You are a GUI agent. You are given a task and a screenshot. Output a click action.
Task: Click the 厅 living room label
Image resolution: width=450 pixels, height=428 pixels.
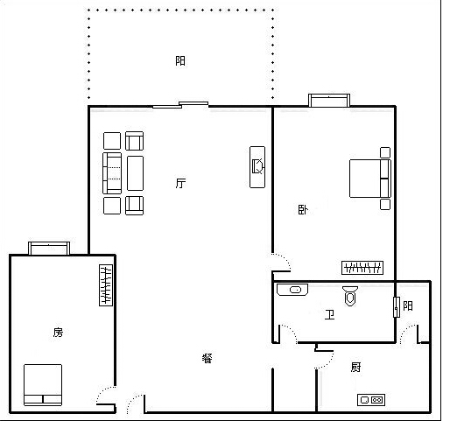tap(180, 183)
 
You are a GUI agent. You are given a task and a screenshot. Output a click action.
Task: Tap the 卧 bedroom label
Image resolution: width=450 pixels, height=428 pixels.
tap(303, 210)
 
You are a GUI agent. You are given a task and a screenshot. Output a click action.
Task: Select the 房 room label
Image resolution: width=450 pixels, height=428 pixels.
tap(58, 332)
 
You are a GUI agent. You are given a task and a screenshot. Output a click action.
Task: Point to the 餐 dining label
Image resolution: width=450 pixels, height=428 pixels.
tap(207, 358)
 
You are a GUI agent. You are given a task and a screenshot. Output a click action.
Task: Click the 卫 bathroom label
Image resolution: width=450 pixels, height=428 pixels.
tap(329, 314)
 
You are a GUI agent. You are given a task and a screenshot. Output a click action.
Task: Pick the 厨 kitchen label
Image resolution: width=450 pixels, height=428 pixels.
tap(355, 367)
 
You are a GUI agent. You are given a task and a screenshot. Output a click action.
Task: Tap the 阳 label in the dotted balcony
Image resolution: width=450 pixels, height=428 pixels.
tap(180, 60)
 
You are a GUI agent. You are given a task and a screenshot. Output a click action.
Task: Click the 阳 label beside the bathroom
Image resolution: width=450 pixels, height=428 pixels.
tap(408, 305)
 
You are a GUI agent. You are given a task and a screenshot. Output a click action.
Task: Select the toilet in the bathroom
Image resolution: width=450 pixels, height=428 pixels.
tap(350, 296)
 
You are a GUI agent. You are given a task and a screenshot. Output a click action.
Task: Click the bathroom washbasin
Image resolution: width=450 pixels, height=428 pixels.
tap(292, 290)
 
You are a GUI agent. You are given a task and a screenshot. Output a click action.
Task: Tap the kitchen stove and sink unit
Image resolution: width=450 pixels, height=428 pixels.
tap(371, 400)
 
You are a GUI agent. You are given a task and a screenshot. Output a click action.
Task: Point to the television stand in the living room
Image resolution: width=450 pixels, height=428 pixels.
tap(257, 167)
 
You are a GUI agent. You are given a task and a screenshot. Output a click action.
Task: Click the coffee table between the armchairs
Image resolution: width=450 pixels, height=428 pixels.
tap(135, 173)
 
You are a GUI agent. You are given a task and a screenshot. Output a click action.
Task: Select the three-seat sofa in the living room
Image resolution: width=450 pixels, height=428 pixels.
tap(112, 173)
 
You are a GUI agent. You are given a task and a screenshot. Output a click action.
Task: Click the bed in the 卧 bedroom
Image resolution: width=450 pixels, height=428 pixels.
tap(370, 179)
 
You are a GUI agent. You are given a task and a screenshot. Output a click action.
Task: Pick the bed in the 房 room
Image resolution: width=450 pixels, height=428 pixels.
tap(43, 385)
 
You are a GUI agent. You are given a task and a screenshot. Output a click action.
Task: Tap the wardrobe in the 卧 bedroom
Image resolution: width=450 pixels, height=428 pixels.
tap(362, 268)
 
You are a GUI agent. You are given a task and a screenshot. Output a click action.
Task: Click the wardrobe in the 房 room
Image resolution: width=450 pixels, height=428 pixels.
tap(106, 285)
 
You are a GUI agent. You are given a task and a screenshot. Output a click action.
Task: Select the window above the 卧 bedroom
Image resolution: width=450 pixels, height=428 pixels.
tap(329, 101)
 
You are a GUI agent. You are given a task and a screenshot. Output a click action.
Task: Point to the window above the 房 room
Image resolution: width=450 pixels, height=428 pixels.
tap(49, 249)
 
